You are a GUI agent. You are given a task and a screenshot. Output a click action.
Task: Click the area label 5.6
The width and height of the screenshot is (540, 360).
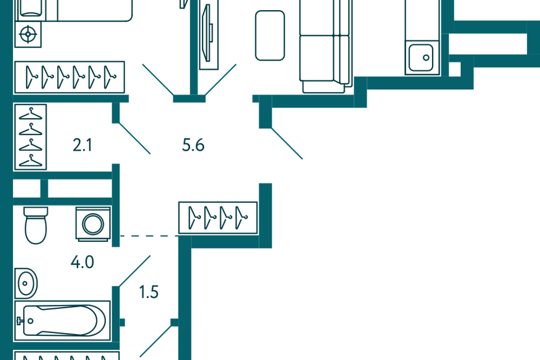pos(193,145)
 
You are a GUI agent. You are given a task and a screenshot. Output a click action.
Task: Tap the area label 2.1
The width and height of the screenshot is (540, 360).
pos(82,145)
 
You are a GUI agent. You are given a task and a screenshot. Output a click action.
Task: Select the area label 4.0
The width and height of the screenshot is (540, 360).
pos(82,262)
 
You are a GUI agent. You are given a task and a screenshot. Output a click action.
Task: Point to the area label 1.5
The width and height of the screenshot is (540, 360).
pos(148,292)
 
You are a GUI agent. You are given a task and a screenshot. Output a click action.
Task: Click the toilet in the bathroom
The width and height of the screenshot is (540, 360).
pos(36,226)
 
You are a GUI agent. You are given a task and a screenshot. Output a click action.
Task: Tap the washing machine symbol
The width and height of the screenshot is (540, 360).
pos(93,224)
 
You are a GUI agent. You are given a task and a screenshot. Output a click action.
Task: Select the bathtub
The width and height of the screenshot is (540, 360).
pos(62,321)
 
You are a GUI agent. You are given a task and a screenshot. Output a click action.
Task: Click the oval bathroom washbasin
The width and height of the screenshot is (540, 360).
pos(26,283)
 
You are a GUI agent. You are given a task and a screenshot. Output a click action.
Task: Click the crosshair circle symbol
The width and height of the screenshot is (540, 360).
pos(28,34)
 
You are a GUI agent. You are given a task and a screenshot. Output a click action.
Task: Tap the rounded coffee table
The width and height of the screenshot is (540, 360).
pos(270,35)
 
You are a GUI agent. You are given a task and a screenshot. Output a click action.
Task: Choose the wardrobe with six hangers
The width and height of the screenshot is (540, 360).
pos(69,77)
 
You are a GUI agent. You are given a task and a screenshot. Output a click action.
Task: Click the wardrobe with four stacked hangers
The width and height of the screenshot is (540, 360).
pos(30,137)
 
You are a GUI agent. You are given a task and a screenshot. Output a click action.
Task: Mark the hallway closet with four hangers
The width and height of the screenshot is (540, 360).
pos(218,218)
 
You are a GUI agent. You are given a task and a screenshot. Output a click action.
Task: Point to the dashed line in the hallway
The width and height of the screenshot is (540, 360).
pos(148,236)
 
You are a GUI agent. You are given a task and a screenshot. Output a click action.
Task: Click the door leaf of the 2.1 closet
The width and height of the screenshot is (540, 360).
pos(134,138)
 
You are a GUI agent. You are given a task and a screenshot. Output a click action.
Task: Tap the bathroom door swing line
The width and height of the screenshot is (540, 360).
pos(134,271)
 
